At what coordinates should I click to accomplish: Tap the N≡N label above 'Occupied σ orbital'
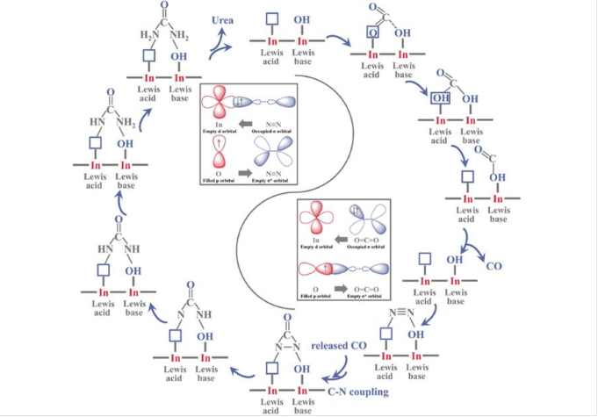click(x=270, y=123)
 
